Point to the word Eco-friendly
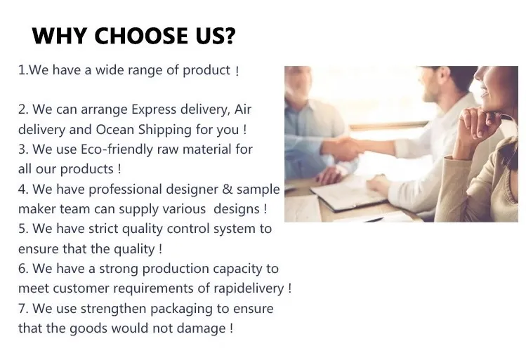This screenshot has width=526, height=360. pyautogui.click(x=117, y=149)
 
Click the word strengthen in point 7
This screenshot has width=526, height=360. pyautogui.click(x=114, y=309)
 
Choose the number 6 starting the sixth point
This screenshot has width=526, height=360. pyautogui.click(x=22, y=269)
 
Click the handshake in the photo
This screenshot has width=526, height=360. pyautogui.click(x=347, y=147)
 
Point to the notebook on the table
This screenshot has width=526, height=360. pyautogui.click(x=349, y=194)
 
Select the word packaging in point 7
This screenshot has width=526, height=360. pyautogui.click(x=181, y=309)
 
